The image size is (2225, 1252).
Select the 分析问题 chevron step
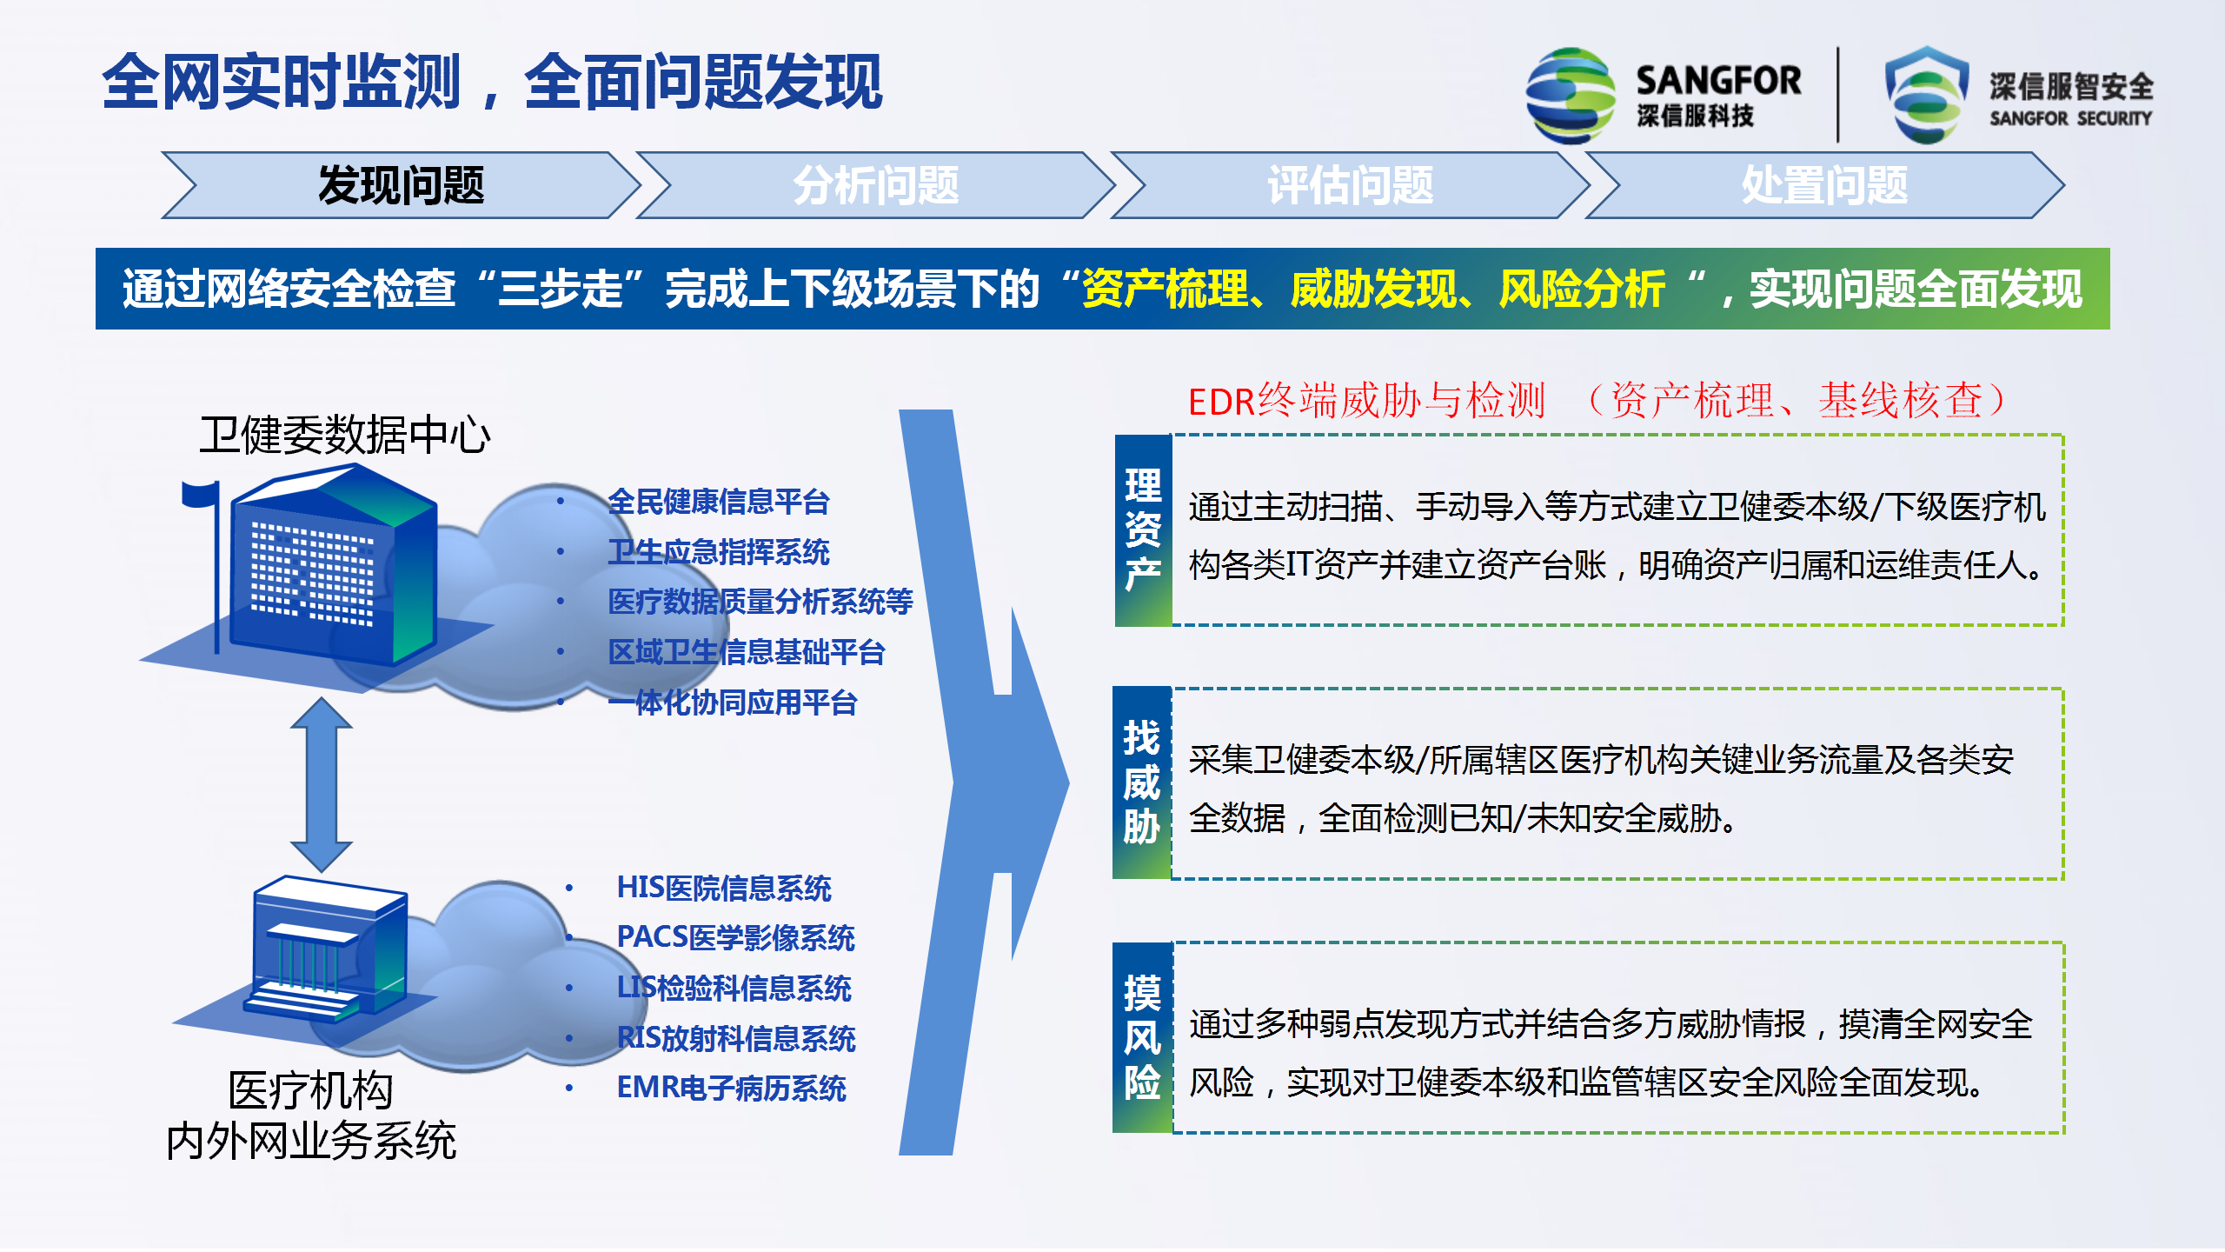point(876,185)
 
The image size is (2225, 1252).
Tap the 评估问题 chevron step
point(1351,185)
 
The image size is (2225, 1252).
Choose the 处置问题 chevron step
point(1825,185)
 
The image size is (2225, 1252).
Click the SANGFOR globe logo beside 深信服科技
point(1571,96)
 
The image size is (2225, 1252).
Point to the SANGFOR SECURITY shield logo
point(1927,95)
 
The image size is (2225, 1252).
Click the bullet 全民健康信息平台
point(719,502)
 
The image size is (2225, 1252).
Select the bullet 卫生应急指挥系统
point(719,552)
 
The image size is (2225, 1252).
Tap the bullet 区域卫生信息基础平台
point(747,652)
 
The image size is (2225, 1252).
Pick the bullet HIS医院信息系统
point(724,888)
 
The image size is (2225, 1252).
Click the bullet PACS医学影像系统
point(735,937)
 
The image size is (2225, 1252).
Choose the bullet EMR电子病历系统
point(731,1088)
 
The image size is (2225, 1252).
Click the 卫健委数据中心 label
point(345,435)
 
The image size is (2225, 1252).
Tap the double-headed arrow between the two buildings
point(322,784)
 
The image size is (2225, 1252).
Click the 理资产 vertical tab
point(1143,530)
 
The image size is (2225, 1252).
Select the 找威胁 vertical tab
point(1142,782)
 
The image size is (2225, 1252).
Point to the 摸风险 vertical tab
point(1142,1037)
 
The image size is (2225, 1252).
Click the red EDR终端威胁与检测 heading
point(1366,401)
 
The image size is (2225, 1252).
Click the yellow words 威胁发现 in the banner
point(1373,289)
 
